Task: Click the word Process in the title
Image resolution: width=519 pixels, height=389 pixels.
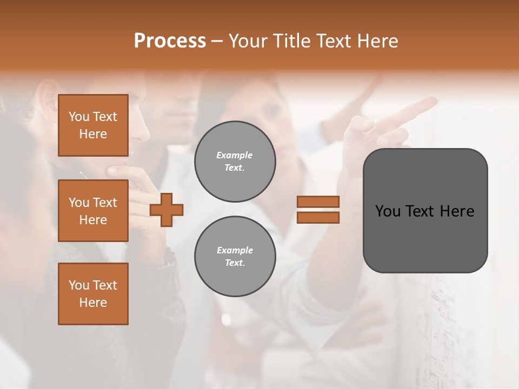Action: pos(170,41)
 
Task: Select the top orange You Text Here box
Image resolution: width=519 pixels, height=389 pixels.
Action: pos(93,125)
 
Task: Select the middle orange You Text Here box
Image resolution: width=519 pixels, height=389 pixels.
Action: pos(93,211)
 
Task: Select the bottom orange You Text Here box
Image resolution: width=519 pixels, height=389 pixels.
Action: pos(93,294)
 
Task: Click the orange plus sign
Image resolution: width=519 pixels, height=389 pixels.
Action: pos(167,210)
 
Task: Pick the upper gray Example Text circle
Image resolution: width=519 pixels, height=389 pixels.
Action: pos(235,161)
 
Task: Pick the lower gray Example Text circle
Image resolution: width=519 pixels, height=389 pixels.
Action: pos(235,256)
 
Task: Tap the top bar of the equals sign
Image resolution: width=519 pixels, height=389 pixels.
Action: pos(318,202)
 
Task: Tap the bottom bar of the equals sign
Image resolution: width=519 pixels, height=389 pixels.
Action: pos(318,217)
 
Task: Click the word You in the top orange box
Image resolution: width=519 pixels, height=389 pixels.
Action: pos(79,117)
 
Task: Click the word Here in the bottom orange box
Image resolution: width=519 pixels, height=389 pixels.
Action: pos(93,303)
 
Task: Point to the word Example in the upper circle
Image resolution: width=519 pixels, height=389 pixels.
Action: pos(235,155)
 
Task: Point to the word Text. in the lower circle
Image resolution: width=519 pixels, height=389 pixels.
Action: pos(235,263)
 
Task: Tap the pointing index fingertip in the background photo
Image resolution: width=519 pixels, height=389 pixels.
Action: pos(432,100)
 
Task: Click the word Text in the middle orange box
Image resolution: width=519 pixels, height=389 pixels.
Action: pos(105,203)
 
